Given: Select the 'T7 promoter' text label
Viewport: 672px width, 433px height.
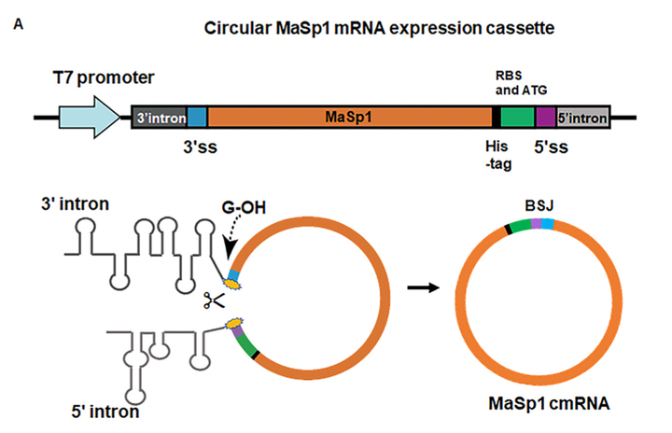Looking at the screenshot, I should coord(104,76).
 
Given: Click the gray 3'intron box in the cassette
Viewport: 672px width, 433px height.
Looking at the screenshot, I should coord(160,119).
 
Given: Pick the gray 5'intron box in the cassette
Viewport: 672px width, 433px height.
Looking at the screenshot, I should coord(582,119).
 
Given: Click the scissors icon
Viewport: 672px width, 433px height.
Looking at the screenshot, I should coord(215,301).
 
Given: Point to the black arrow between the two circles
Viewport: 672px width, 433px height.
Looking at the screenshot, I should coord(426,287).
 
